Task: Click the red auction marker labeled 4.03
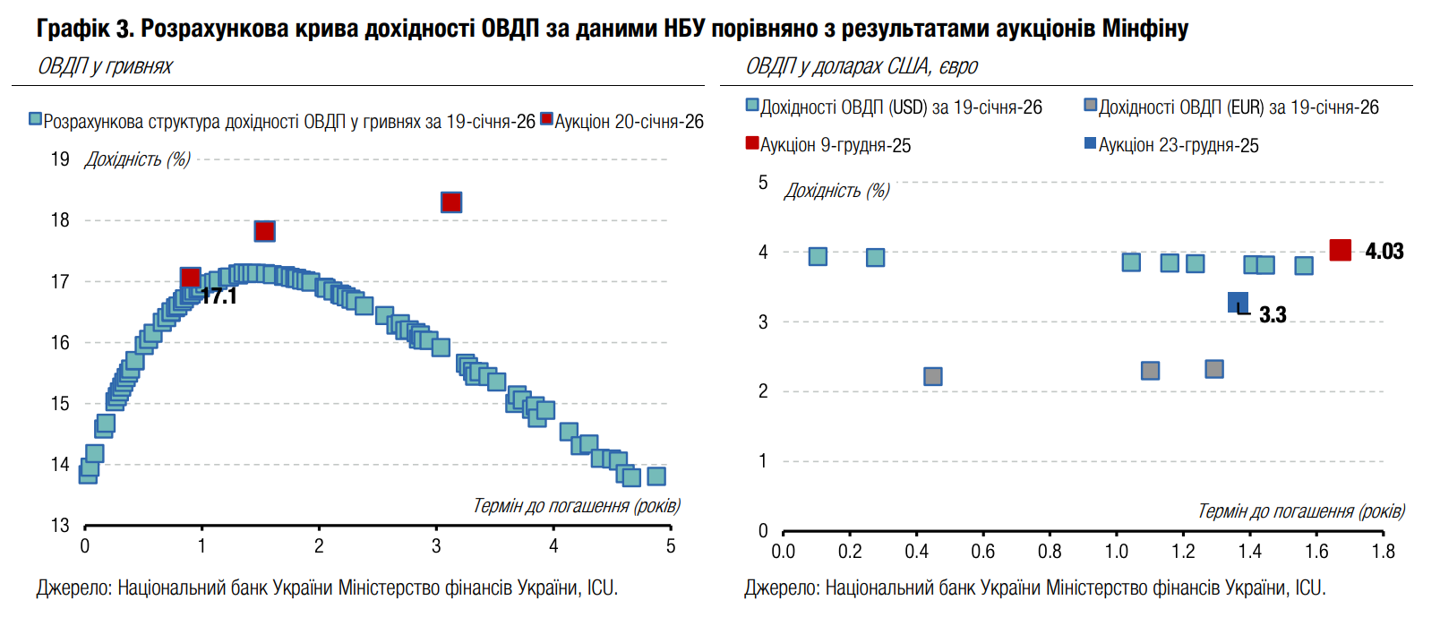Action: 1340,251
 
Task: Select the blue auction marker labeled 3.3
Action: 1238,303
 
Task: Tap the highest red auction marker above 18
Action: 451,202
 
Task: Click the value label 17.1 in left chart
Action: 219,296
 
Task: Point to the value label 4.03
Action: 1384,252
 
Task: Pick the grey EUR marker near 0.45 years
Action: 932,376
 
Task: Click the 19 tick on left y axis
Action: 60,159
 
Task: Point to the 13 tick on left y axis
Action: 60,525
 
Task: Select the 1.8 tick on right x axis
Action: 1383,551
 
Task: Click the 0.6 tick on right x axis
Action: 982,551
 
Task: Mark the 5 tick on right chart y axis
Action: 763,183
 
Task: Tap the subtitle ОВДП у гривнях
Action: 105,66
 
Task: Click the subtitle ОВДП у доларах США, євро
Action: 861,66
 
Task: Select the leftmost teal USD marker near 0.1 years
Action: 818,256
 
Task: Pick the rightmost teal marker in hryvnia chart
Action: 656,476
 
